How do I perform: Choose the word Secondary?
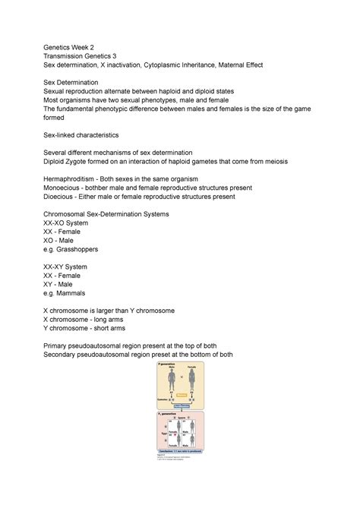click(x=71, y=354)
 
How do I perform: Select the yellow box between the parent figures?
click(x=182, y=396)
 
